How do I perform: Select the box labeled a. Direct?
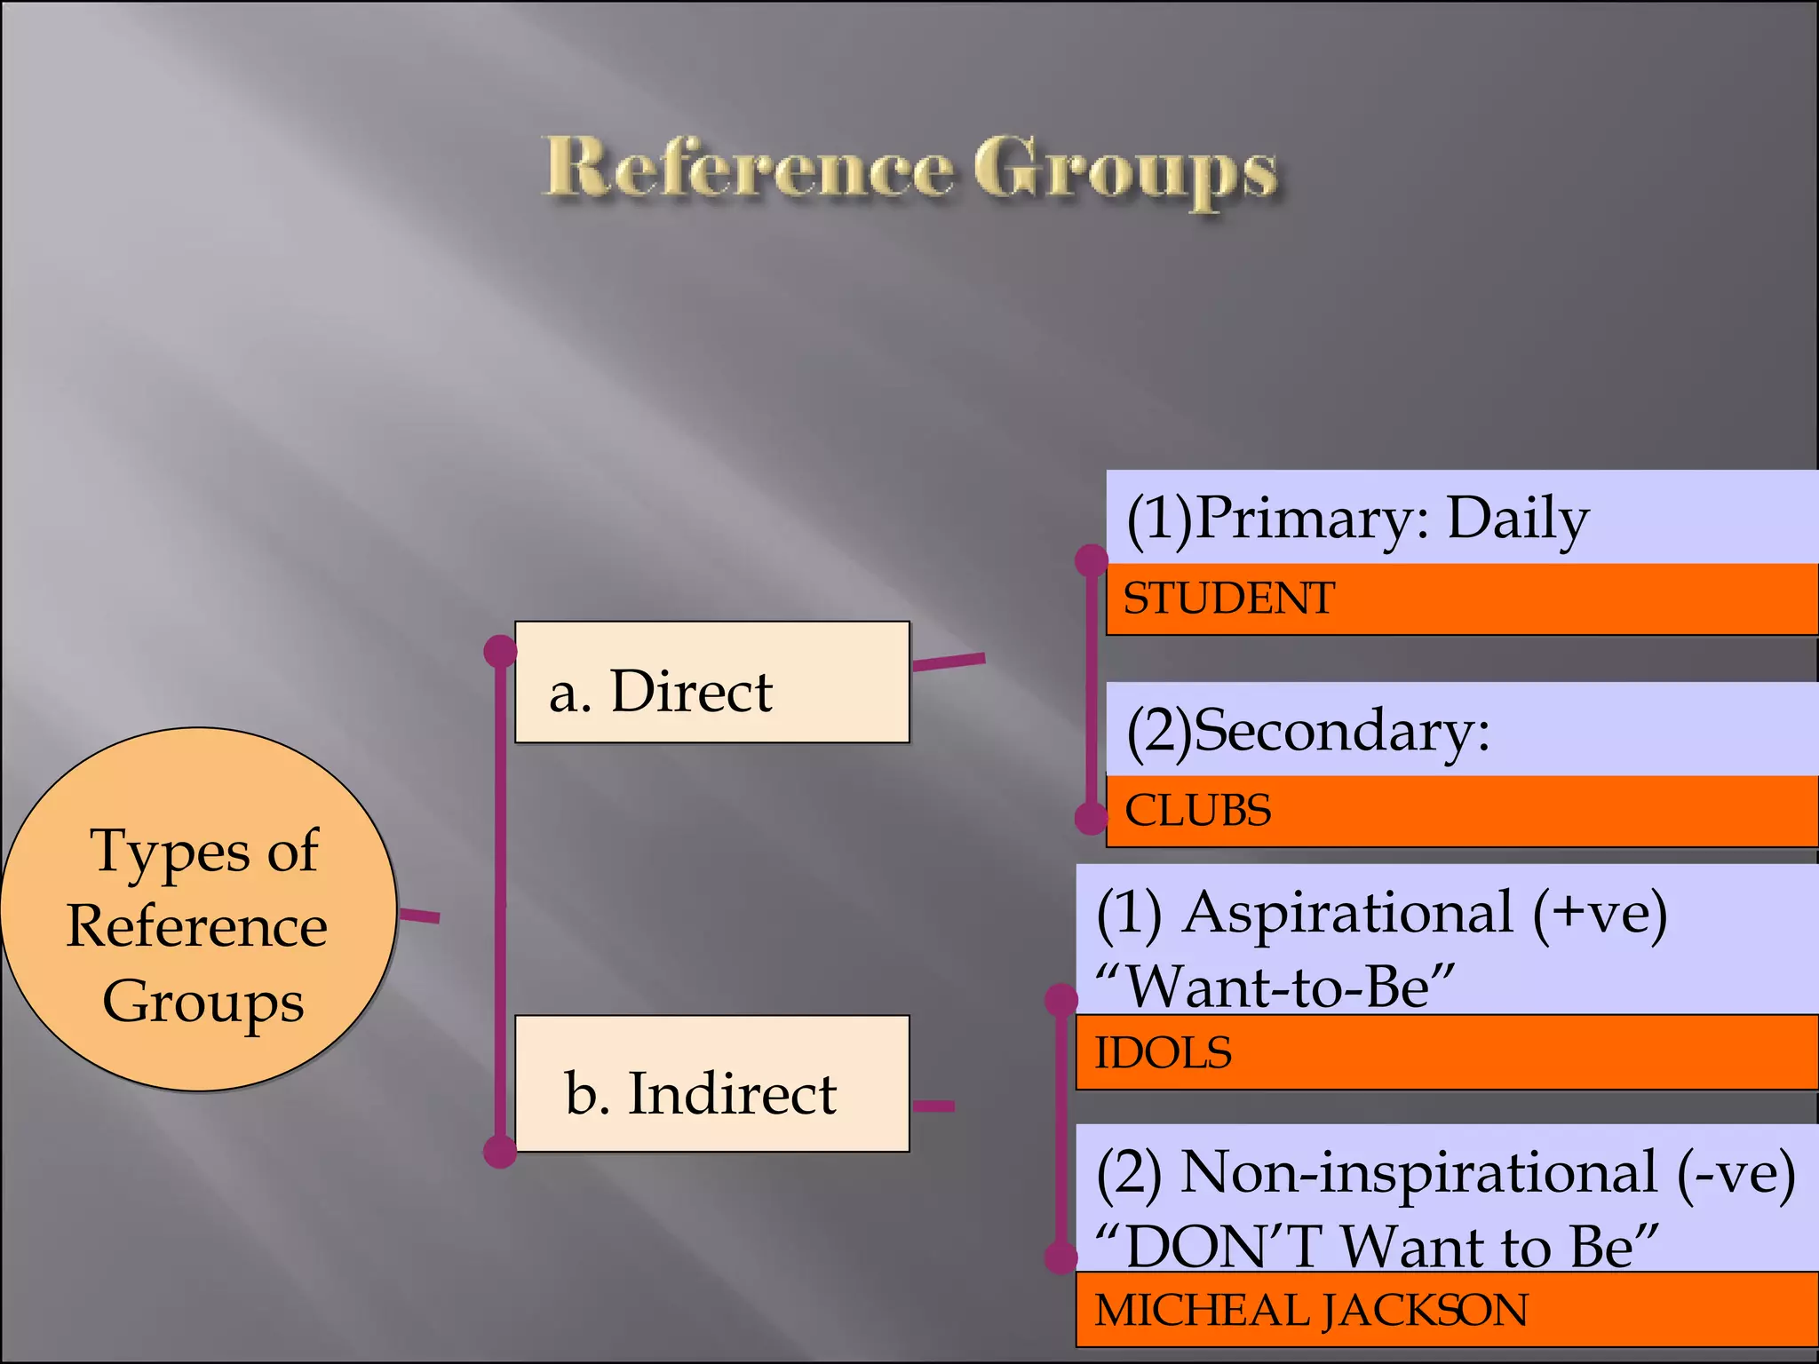[711, 682]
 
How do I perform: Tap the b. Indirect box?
[711, 1084]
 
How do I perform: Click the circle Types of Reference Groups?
[198, 910]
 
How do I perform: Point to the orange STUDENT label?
[1229, 599]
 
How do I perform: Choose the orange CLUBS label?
[1198, 811]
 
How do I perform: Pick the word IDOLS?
[1163, 1053]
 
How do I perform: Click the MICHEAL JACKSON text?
[1311, 1311]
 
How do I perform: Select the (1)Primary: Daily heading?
[1357, 519]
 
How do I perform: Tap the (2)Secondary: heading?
[1308, 731]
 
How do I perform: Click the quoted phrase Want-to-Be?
[1275, 987]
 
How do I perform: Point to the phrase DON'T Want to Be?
[1377, 1246]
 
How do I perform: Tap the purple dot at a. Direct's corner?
[500, 651]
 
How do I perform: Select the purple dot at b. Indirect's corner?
[500, 1152]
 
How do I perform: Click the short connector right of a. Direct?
[949, 662]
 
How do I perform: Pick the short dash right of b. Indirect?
[933, 1106]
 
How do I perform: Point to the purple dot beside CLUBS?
[1091, 818]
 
